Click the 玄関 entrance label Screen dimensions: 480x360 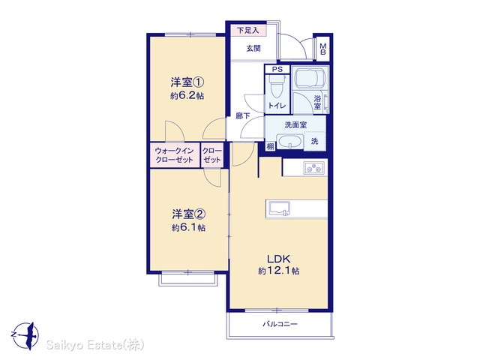pyautogui.click(x=253, y=48)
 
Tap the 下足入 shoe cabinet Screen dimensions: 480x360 pyautogui.click(x=248, y=31)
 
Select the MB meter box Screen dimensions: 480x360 pyautogui.click(x=322, y=49)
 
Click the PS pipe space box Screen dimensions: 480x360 pyautogui.click(x=277, y=70)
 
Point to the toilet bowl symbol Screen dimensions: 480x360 pyautogui.click(x=277, y=86)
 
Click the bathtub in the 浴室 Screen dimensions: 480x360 pyautogui.click(x=310, y=78)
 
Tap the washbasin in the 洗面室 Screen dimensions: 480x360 pyautogui.click(x=289, y=142)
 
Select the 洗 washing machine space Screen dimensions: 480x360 pyautogui.click(x=315, y=141)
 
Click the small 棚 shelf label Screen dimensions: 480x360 pyautogui.click(x=270, y=147)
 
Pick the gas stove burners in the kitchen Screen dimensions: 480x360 pyautogui.click(x=313, y=168)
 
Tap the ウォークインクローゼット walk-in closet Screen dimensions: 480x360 pyautogui.click(x=175, y=155)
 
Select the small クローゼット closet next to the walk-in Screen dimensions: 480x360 pyautogui.click(x=211, y=155)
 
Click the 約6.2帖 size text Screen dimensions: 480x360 pyautogui.click(x=187, y=96)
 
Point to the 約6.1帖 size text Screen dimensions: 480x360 pyautogui.click(x=188, y=228)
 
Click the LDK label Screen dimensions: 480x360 pyautogui.click(x=278, y=259)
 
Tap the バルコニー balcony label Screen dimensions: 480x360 pyautogui.click(x=280, y=324)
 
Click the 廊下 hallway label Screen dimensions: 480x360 pyautogui.click(x=243, y=115)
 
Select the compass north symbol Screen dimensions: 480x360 pyautogui.click(x=25, y=335)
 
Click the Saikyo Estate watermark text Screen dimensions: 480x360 pyautogui.click(x=95, y=345)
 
